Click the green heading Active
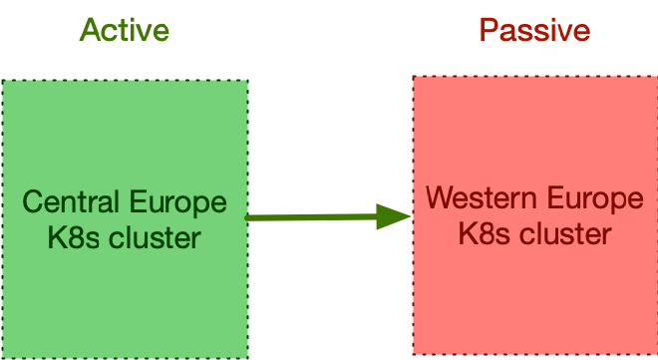124,30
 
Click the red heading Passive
534,30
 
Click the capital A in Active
90,30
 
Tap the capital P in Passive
489,30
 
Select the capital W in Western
439,198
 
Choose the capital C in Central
32,203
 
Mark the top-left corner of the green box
2,81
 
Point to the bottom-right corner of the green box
247,357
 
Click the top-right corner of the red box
656,77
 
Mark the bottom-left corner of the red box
414,355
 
